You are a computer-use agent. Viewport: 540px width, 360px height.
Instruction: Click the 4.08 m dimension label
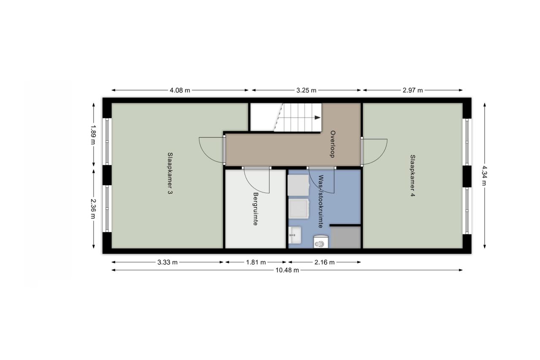180,90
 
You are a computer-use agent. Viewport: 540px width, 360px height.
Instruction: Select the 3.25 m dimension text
306,90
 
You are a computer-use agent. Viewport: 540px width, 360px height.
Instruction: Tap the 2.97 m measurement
413,90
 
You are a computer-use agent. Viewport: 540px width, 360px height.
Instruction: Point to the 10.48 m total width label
287,270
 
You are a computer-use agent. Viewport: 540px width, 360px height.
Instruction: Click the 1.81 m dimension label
256,263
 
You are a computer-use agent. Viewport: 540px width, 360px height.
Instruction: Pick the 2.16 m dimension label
324,263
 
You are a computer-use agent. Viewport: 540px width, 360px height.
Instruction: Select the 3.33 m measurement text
167,263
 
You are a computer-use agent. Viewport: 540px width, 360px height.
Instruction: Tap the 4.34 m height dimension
484,175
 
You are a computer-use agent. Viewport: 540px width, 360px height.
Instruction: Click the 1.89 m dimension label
93,135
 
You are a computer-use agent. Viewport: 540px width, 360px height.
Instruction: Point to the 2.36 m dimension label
93,208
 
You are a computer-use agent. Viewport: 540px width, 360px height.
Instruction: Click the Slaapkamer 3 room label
170,173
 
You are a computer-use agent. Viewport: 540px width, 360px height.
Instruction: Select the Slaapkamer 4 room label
413,176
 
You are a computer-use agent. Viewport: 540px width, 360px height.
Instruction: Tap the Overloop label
333,144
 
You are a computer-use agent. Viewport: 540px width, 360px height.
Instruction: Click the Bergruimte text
256,209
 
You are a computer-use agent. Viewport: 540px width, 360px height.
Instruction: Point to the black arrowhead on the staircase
318,118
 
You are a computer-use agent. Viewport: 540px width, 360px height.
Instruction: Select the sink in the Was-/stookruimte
295,235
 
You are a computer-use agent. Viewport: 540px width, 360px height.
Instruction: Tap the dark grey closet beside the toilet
346,238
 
